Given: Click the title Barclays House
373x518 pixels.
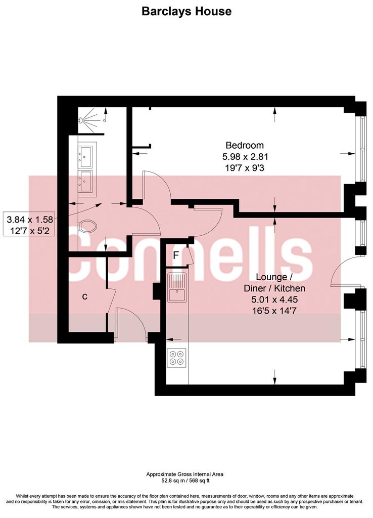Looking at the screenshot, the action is pos(186,11).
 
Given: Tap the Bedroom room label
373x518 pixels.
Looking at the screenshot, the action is pos(245,145).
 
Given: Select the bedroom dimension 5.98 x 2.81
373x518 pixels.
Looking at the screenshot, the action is pos(245,156).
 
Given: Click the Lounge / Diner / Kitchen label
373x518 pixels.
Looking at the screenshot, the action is pos(274,282).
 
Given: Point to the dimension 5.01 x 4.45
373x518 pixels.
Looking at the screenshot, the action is pos(274,299).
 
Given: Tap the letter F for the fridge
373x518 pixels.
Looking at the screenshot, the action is pos(176,255).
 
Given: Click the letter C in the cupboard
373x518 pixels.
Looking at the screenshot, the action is pos(85,296).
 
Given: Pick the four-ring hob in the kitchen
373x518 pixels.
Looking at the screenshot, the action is pos(176,358).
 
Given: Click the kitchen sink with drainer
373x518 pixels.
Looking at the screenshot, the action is pos(177,287).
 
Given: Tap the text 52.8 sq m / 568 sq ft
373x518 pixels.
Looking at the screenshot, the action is pos(185,481).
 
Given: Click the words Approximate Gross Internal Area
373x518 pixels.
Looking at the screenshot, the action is pos(185,474).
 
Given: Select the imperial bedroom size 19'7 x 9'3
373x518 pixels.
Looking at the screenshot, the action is pos(245,168).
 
